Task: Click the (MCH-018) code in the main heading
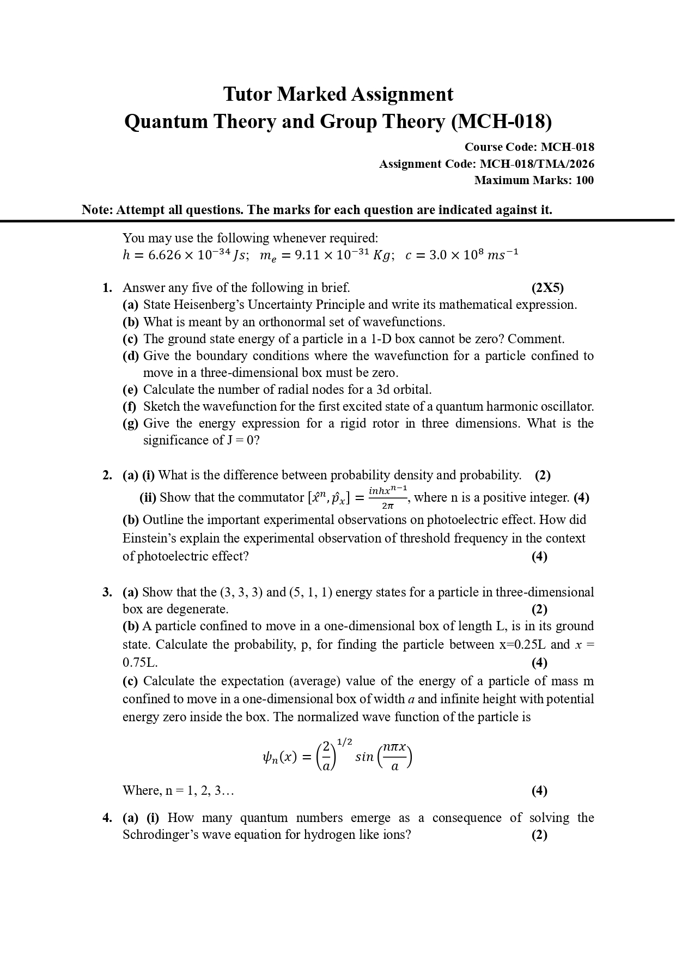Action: click(x=501, y=121)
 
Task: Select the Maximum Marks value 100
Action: click(x=584, y=180)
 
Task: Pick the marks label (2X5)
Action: click(x=547, y=288)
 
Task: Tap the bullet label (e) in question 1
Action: click(x=130, y=389)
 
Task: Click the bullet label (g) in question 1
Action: click(x=130, y=423)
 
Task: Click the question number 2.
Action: click(x=107, y=475)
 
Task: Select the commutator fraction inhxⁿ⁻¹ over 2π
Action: click(x=388, y=497)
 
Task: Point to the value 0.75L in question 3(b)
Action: click(x=140, y=662)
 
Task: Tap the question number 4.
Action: click(x=107, y=818)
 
